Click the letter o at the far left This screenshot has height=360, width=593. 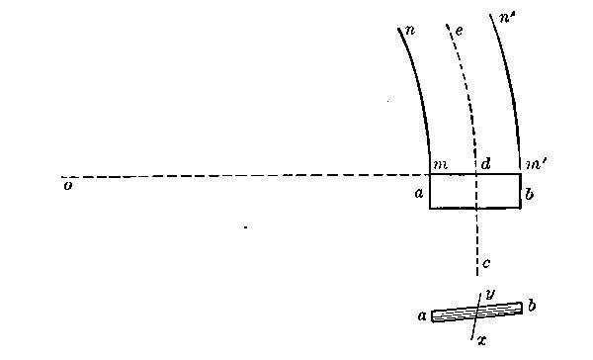tap(66, 184)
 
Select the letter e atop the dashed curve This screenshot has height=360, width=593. tap(459, 31)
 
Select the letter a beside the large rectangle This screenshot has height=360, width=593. tap(418, 195)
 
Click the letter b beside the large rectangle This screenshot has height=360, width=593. tap(531, 195)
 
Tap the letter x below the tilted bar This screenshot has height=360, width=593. tap(481, 339)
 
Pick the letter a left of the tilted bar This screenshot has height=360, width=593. tap(422, 316)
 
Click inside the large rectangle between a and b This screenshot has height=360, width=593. tap(455, 192)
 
